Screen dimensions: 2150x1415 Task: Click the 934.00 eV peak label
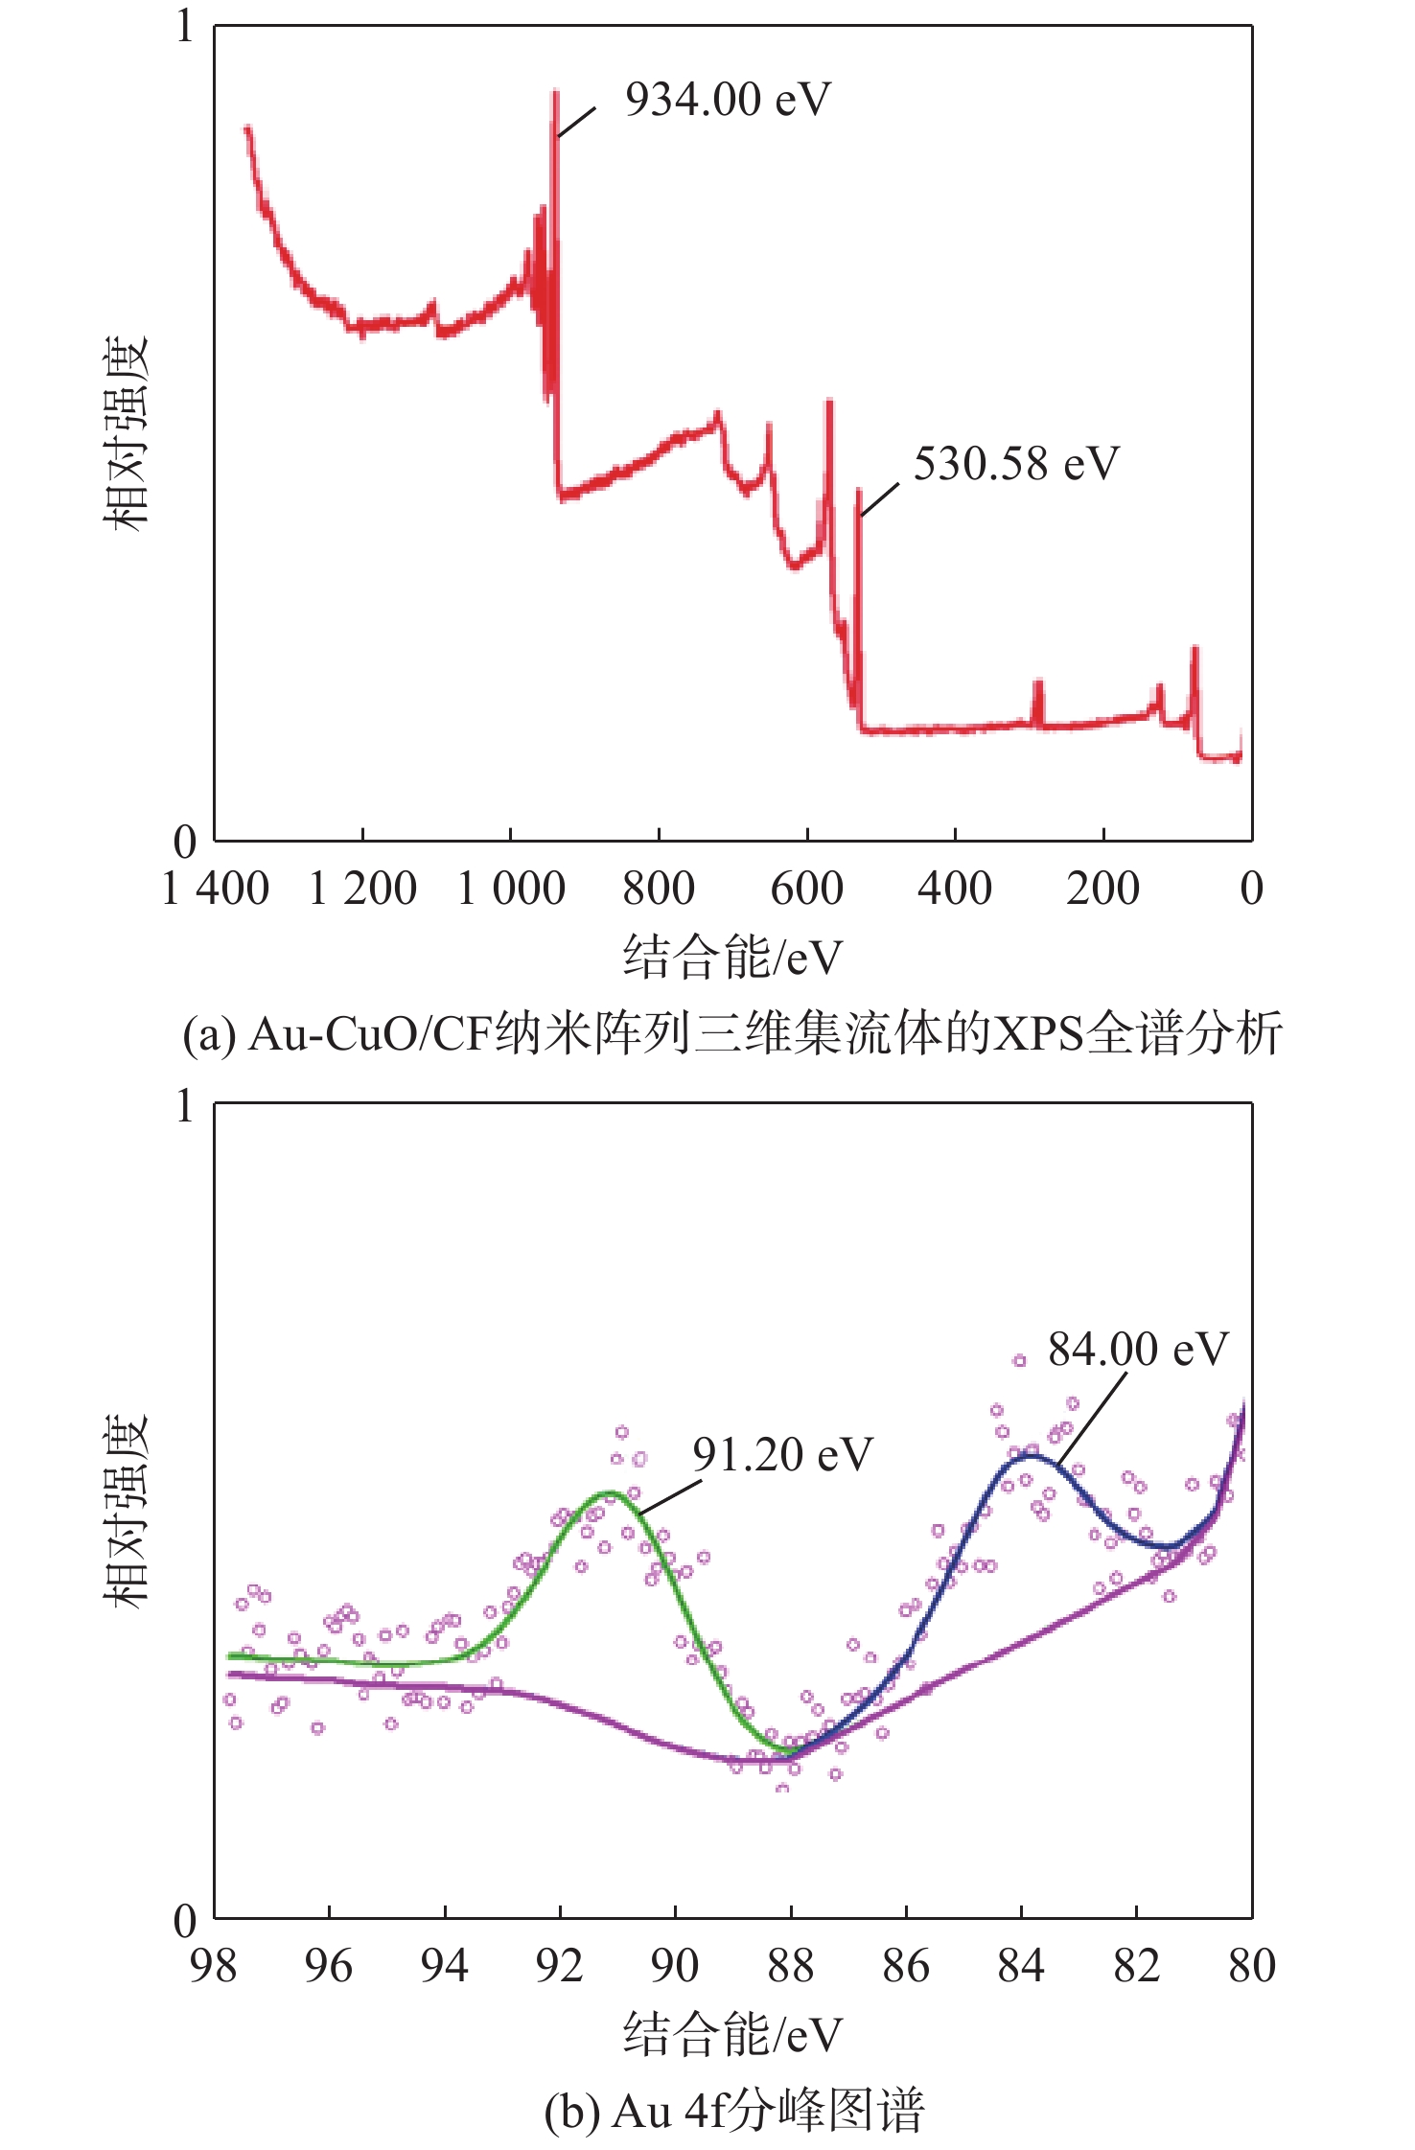728,100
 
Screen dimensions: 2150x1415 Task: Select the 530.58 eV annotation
1016,464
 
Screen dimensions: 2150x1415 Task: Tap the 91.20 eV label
782,1455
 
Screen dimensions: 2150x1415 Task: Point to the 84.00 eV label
1137,1350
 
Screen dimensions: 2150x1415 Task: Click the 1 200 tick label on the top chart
362,890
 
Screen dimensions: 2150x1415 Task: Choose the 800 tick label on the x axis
659,890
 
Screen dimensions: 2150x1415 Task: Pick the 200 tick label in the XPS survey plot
1102,890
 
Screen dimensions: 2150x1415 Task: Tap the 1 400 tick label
216,890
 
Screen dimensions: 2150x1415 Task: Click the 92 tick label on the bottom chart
559,1967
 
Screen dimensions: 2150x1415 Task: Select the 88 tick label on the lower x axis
790,1967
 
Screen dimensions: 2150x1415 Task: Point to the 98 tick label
213,1967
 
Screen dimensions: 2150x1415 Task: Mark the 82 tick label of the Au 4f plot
1136,1967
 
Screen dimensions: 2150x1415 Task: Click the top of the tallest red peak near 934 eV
555,93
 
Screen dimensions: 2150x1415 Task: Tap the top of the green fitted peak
607,1493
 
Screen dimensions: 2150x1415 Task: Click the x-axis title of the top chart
733,957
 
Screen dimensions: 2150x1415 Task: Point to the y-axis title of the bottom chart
127,1511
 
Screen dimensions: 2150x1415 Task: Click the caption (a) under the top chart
732,1034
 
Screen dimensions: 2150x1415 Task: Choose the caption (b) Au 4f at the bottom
733,2110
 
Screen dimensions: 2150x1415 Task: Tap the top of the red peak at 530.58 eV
858,490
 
